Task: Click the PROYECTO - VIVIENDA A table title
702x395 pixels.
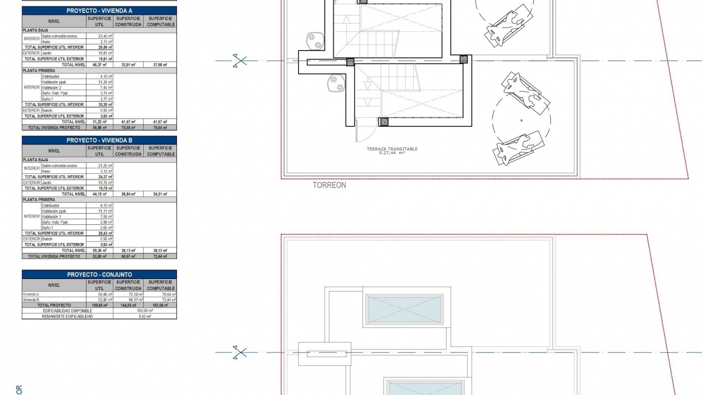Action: [x=99, y=11]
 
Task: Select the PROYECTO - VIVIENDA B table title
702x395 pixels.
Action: [x=99, y=140]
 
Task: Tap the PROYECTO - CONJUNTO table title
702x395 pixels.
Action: [x=99, y=275]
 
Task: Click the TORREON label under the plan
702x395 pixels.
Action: [x=329, y=185]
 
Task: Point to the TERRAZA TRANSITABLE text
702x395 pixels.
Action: [x=392, y=149]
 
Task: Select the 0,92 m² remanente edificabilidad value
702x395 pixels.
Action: [x=145, y=316]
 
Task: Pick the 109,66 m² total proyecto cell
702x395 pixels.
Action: [x=99, y=305]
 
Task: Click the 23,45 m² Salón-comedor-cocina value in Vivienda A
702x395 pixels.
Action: [x=105, y=36]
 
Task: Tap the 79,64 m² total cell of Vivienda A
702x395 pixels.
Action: [x=161, y=128]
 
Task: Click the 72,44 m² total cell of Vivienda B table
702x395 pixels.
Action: [x=161, y=256]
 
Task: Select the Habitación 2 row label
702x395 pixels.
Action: [x=52, y=88]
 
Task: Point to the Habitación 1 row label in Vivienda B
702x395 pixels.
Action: [x=52, y=217]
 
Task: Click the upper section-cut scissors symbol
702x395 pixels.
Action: [x=239, y=61]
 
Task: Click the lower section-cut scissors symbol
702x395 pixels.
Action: [x=239, y=353]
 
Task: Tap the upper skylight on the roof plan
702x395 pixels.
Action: [x=404, y=309]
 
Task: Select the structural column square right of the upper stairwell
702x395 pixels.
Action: [x=464, y=59]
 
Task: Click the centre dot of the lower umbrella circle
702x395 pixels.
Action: [x=521, y=120]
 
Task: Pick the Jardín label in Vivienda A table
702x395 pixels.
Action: [x=46, y=53]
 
